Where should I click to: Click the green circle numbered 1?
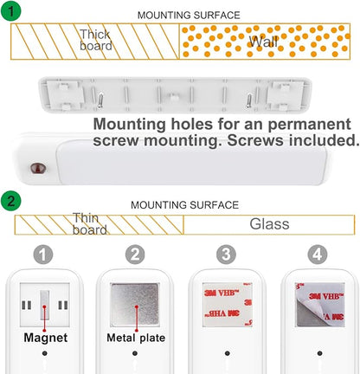coord(10,10)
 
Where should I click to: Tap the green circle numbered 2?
coord(10,200)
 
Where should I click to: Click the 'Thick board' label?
coord(96,40)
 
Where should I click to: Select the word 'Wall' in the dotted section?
coord(263,42)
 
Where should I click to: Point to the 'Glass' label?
coord(269,224)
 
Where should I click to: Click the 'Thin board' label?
coord(89,224)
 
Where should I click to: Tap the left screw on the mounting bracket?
coord(100,100)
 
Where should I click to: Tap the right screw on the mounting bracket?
coord(248,100)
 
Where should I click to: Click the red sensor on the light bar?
coord(38,168)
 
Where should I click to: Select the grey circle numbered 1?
coord(43,255)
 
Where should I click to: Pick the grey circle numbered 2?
coord(135,255)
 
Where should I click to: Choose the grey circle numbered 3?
coord(226,255)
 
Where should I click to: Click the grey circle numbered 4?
coord(318,255)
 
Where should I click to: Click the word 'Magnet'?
coord(46,338)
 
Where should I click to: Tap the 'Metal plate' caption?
coord(136,338)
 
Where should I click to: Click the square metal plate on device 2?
coord(135,305)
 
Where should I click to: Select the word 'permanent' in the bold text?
coord(309,125)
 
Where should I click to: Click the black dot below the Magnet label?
coord(44,353)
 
